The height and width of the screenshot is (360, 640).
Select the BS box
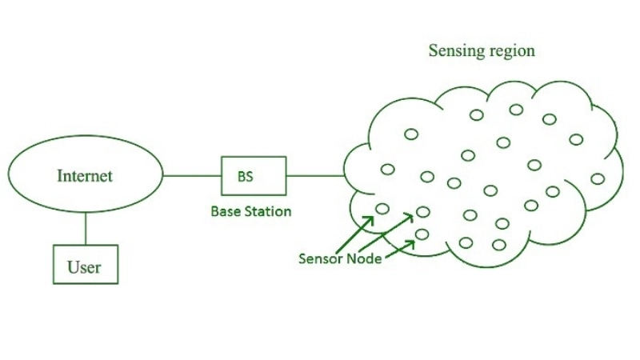[x=254, y=176]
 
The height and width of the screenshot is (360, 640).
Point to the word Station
[x=269, y=212]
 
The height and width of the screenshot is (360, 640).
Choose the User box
[x=85, y=265]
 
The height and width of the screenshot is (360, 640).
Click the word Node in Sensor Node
[x=363, y=258]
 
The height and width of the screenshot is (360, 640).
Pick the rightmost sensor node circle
[x=597, y=178]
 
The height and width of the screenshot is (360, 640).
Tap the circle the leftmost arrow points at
[x=382, y=209]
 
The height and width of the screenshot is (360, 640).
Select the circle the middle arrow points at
[x=422, y=212]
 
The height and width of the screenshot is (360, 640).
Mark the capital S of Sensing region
[x=433, y=50]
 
